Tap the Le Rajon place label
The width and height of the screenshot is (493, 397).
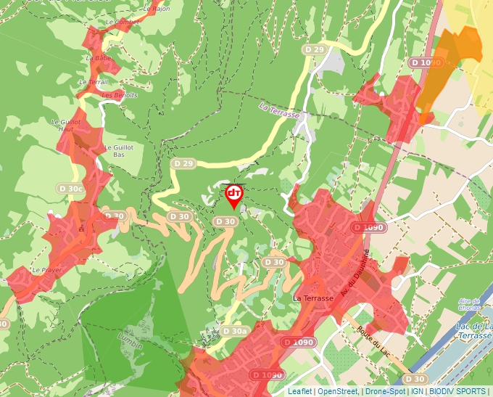pos(156,9)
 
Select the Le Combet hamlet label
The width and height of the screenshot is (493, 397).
pos(122,22)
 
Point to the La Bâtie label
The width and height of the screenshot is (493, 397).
pos(99,58)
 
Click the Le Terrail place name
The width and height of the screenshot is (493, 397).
pos(94,82)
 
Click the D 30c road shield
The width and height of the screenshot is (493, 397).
pos(72,189)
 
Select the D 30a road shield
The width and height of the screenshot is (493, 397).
pos(235,331)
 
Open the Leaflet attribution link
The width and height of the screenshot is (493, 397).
pos(300,391)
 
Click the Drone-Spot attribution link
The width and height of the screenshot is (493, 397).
pos(385,391)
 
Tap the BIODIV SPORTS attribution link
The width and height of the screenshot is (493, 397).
pos(457,391)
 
